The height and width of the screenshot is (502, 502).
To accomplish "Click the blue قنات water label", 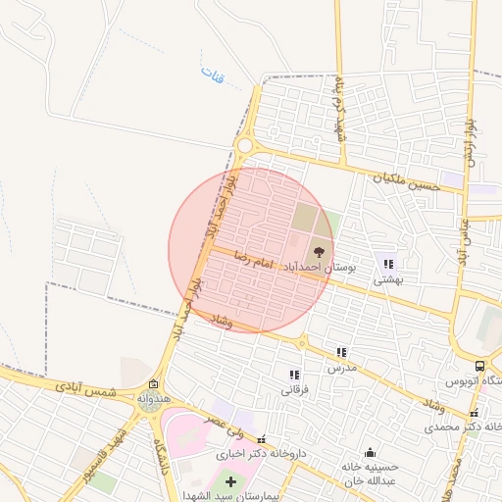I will click(212, 75).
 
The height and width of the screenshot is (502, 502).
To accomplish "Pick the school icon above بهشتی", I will click(389, 264).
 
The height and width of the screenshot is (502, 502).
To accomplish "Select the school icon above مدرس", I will click(341, 352).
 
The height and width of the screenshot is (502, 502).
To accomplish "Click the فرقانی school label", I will click(295, 389).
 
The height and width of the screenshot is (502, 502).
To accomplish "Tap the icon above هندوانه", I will click(152, 384).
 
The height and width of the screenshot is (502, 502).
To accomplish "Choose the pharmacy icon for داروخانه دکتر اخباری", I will click(260, 439).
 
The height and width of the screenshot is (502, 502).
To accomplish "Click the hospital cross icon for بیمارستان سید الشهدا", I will click(230, 481).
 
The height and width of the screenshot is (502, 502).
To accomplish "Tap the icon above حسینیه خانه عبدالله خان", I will click(370, 452).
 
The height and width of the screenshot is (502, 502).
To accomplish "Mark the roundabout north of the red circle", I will click(244, 147).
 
